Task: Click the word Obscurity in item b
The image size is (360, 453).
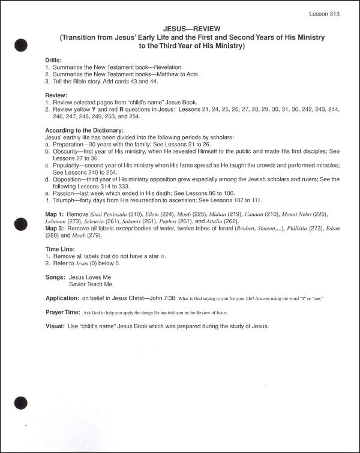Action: tap(66, 151)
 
